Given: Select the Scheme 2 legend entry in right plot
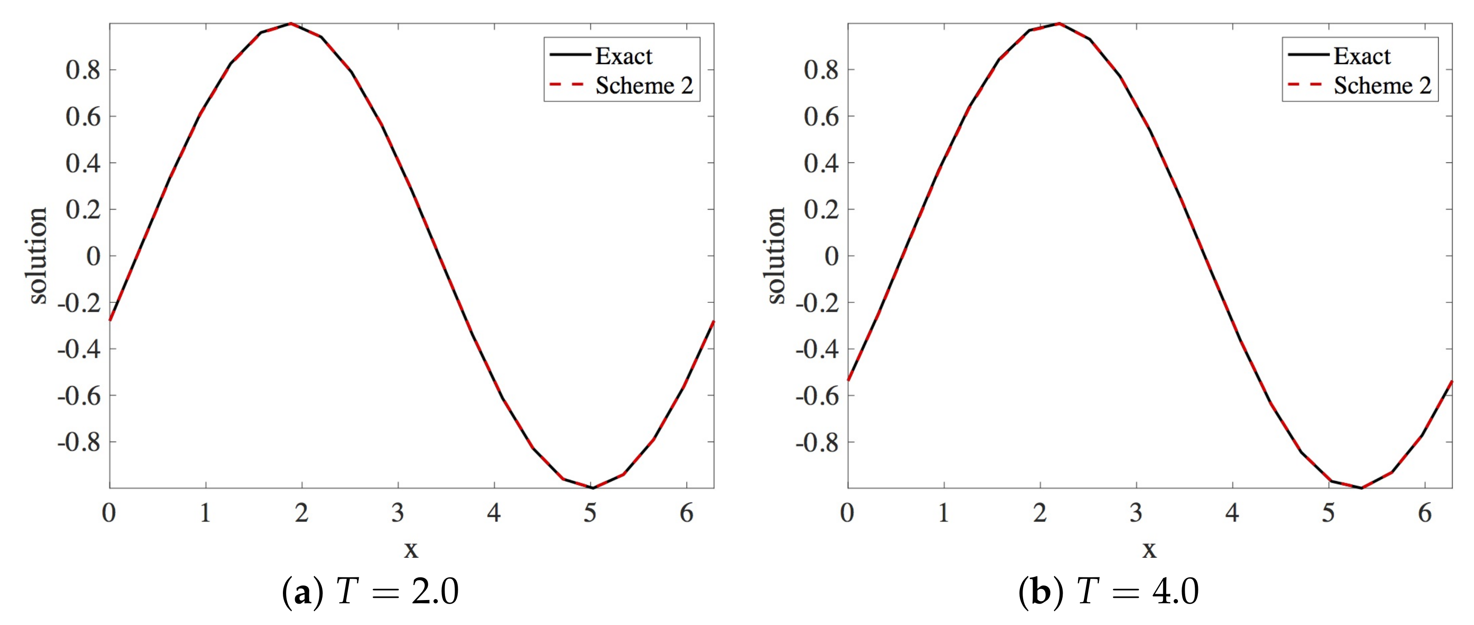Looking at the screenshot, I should (1382, 86).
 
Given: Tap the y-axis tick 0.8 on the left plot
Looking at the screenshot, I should (83, 70).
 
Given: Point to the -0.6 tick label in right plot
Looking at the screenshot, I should (816, 396).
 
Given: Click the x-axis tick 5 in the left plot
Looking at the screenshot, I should (590, 513).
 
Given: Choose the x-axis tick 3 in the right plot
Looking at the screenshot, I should (1136, 513).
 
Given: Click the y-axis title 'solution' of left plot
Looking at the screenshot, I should (38, 256).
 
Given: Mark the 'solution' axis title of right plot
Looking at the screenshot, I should (776, 256).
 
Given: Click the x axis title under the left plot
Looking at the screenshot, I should (411, 550).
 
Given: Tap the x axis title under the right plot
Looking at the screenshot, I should (1149, 550).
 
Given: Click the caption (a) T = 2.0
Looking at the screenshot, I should (370, 591).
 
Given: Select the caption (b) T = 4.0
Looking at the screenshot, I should (1108, 591).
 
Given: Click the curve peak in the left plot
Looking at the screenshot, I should (291, 24).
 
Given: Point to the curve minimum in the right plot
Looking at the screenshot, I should (1361, 488).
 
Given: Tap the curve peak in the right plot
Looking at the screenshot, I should (1059, 24).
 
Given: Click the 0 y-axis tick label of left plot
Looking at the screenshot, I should (93, 256).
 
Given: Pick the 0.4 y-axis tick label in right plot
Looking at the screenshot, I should (821, 163).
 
